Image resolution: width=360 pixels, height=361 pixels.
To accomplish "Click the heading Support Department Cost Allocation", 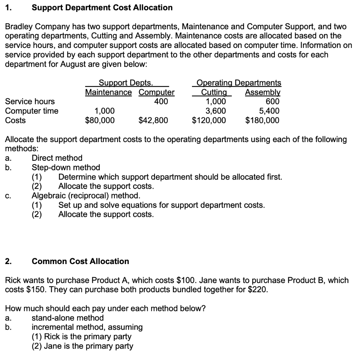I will [x=102, y=7].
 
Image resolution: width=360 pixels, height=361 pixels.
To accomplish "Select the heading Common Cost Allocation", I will [x=80, y=261].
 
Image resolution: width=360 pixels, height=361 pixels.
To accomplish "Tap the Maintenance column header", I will [x=108, y=92].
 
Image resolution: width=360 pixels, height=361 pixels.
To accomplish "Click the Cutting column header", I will [x=213, y=92].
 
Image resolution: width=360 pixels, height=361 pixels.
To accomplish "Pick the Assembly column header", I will [x=263, y=92].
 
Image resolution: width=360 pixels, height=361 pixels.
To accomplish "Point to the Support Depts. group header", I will [x=126, y=83].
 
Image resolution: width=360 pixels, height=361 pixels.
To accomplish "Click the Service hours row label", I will [x=30, y=102].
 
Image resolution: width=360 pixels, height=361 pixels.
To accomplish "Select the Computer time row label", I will [x=32, y=111].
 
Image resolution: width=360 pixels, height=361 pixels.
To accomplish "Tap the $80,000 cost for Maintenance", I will [x=100, y=121].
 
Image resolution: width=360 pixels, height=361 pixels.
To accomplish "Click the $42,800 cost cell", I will [x=153, y=121].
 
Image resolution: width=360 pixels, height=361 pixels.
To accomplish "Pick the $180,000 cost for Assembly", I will [x=262, y=121].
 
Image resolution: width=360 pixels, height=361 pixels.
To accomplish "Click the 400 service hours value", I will [x=161, y=102].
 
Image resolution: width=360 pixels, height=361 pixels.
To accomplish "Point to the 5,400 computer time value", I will [x=269, y=111].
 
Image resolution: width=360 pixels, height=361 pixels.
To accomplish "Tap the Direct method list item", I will [x=57, y=158].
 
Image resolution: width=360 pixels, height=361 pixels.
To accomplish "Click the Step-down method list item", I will [x=66, y=167].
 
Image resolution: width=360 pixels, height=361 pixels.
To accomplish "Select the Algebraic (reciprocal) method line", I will [x=86, y=196].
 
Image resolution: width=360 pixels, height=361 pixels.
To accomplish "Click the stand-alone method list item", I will [x=68, y=318].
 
